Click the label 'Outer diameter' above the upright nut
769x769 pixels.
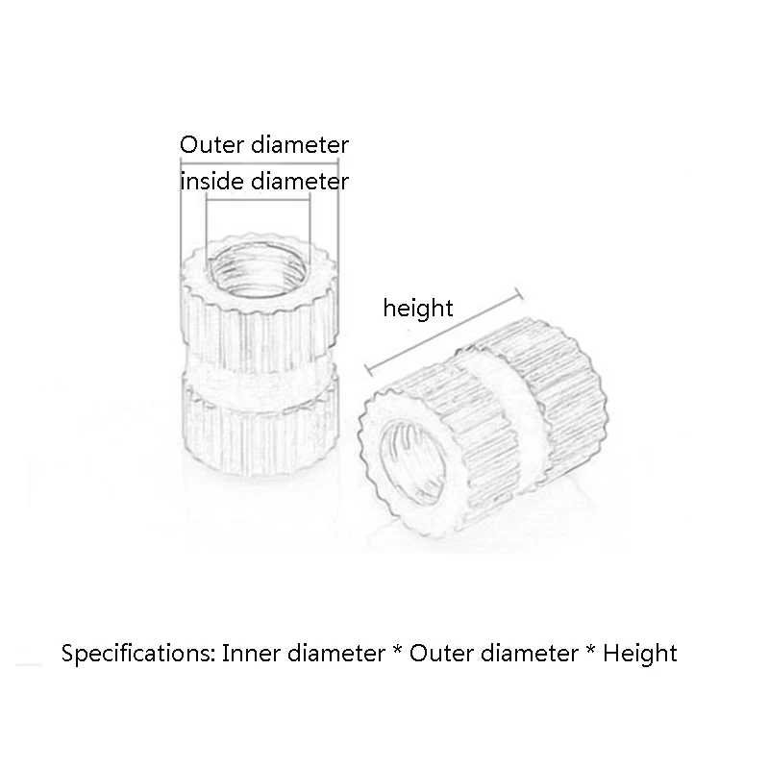[x=264, y=145]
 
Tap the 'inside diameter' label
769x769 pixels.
[x=264, y=181]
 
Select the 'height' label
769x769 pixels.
[x=417, y=309]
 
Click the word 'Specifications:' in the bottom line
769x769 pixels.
[x=138, y=655]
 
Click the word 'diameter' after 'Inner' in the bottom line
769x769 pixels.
[x=332, y=654]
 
